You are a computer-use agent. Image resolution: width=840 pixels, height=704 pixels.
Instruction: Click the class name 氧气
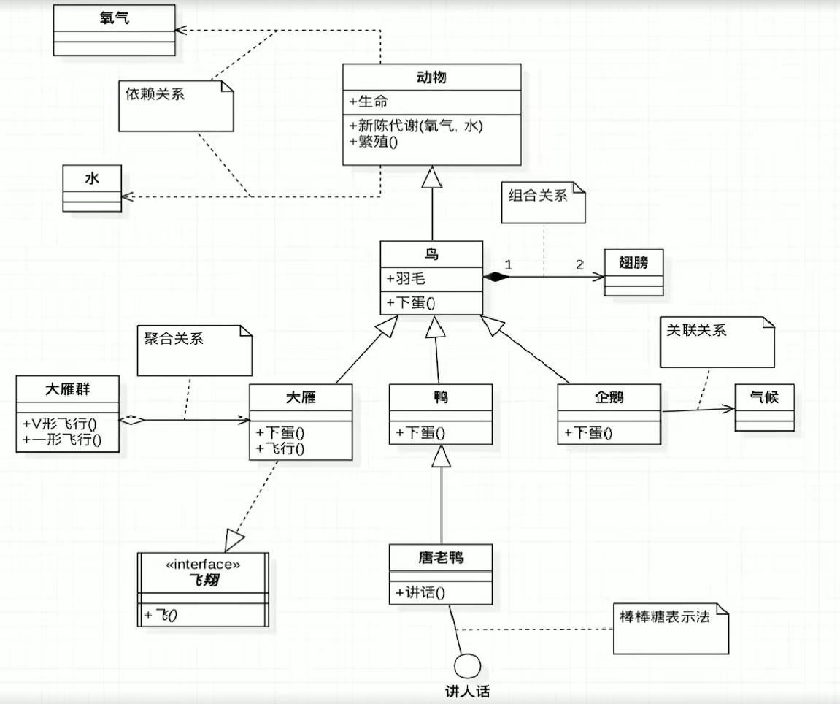point(114,18)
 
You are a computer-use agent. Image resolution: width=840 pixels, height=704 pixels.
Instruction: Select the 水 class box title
point(92,178)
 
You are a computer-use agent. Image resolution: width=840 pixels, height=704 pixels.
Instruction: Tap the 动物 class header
point(431,77)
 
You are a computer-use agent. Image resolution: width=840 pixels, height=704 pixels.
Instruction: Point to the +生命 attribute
point(369,102)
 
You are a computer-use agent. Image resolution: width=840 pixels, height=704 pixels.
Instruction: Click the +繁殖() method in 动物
point(374,142)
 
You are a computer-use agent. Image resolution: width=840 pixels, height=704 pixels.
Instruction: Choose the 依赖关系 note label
point(155,94)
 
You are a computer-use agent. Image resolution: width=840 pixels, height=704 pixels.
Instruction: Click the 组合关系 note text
point(538,195)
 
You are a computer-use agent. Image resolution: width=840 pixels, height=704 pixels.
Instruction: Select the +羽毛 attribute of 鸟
point(406,278)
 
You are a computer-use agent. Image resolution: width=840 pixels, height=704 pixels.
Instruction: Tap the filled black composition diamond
point(496,277)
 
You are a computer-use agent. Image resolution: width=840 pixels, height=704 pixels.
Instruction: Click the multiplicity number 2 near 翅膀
point(579,264)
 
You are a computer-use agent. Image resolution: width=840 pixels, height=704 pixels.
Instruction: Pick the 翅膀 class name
point(633,262)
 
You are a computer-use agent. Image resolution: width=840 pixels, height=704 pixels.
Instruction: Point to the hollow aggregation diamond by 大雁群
point(132,420)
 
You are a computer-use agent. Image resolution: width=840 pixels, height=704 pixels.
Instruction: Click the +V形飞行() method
point(60,424)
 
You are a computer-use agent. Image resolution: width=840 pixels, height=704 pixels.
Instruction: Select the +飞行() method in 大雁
point(280,448)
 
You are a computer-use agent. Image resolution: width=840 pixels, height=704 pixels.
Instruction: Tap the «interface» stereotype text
point(203,564)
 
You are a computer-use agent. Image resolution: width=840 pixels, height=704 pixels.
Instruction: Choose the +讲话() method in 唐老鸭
point(420,592)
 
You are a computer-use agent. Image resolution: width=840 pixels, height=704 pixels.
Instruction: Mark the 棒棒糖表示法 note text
point(665,616)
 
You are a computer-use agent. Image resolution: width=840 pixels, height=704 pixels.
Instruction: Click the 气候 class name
point(764,397)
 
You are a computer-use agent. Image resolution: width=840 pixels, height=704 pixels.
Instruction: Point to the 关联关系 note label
point(696,330)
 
